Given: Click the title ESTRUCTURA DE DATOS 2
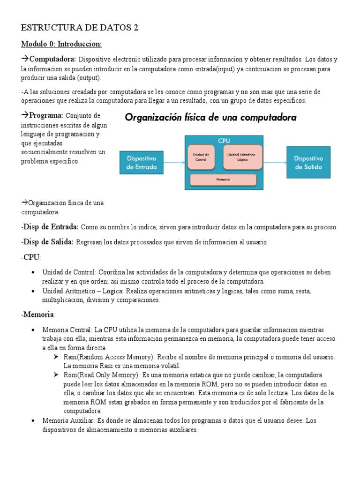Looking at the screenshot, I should (x=80, y=28).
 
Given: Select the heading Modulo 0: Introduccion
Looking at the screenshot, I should (x=61, y=44).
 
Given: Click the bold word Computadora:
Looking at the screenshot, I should (x=52, y=60).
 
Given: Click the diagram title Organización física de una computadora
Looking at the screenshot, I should (x=210, y=118).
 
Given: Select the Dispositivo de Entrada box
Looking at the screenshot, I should (x=142, y=163).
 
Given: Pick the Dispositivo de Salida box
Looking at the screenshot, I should (x=308, y=162).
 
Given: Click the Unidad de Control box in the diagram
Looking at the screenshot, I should (x=201, y=157).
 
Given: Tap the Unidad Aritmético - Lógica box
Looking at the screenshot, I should (x=242, y=157).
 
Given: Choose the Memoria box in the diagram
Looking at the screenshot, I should (x=223, y=180).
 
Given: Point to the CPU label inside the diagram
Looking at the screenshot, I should (x=224, y=140).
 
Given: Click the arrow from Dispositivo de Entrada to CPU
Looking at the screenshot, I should (x=174, y=163).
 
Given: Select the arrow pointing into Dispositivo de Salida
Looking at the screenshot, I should (x=274, y=162).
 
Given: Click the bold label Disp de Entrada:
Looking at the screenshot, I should (x=50, y=227).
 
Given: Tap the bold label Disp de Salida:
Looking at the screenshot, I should (x=47, y=242).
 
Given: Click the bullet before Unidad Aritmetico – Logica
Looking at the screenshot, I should (x=32, y=292).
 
